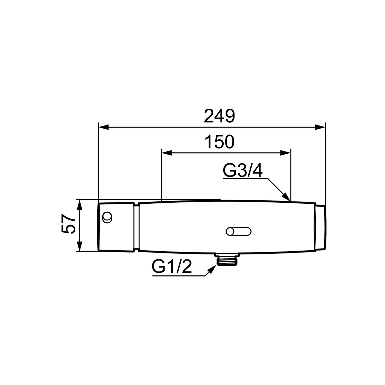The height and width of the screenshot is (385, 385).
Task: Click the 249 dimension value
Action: point(219,116)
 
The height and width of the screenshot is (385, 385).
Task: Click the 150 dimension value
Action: point(219,142)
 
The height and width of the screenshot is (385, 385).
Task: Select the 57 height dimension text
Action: point(68,224)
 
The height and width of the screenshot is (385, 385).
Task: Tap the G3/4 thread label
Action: point(242,170)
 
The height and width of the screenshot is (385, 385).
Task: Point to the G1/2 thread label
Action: point(172,266)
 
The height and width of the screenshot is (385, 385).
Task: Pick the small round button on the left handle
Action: point(107,217)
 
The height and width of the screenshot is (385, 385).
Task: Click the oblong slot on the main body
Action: point(238,232)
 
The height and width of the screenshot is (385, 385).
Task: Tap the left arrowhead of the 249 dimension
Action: point(104,127)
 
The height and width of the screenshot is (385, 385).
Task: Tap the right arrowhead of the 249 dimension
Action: point(320,127)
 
